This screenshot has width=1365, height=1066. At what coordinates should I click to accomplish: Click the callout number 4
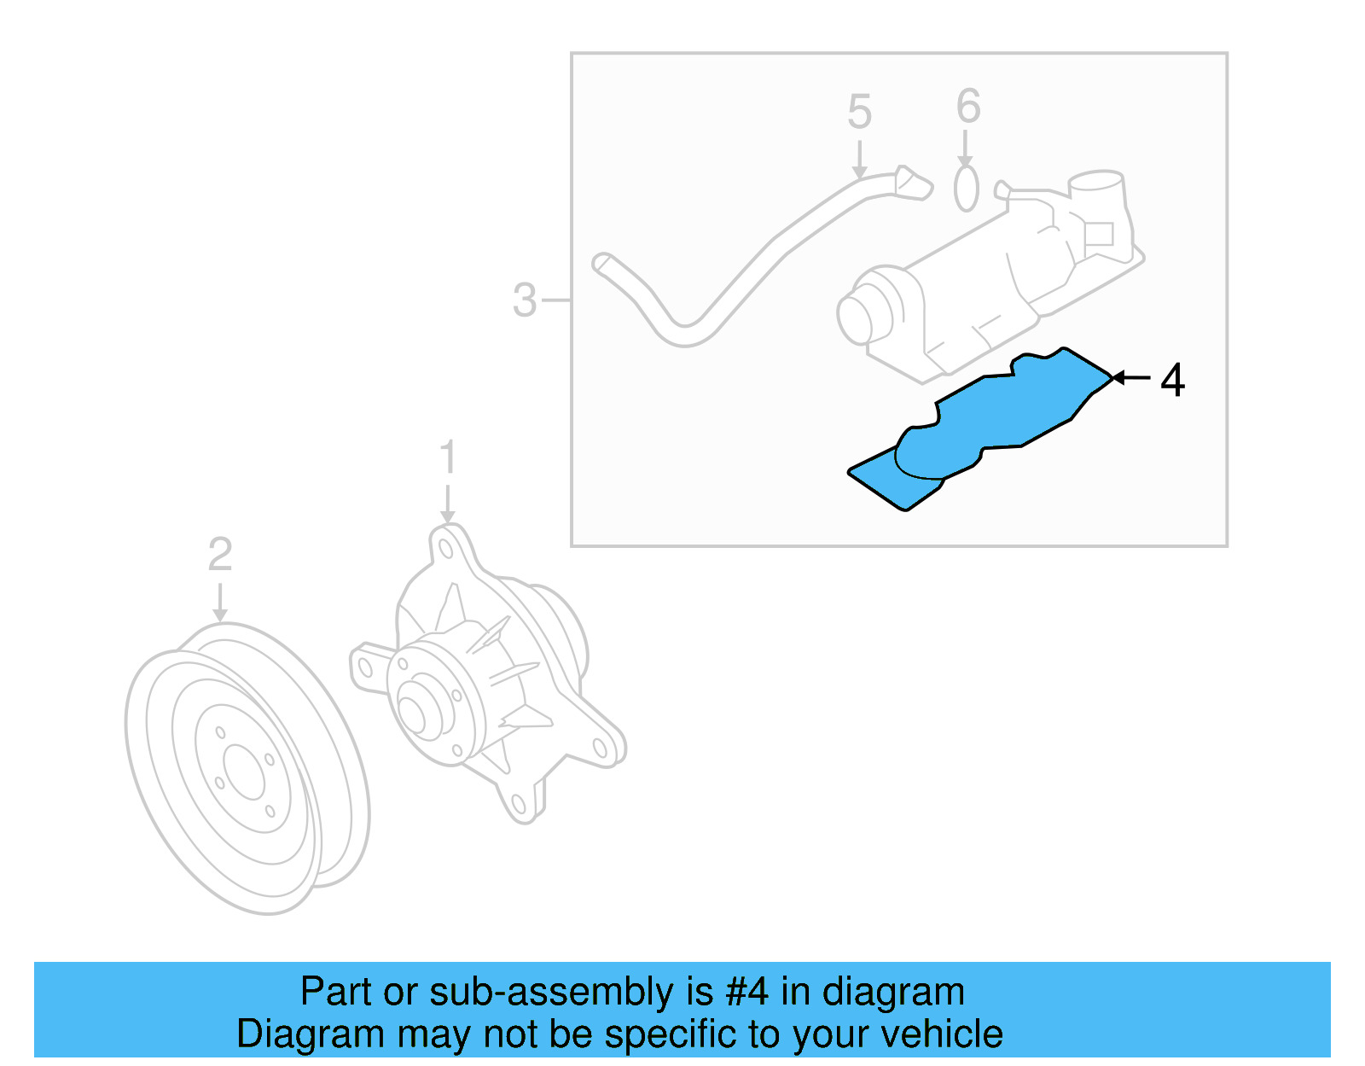tap(1173, 380)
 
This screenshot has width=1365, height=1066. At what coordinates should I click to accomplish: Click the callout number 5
tap(859, 113)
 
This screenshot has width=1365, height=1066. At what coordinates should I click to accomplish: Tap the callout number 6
tap(968, 107)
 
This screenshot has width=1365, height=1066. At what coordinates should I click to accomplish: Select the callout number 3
tap(525, 300)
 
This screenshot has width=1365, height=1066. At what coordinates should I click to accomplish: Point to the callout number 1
tap(448, 458)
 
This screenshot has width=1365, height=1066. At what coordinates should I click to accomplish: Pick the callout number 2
tap(220, 556)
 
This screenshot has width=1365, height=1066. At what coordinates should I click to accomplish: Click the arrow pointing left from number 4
tap(1131, 377)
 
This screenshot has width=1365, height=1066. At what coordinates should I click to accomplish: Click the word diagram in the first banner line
tap(893, 993)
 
